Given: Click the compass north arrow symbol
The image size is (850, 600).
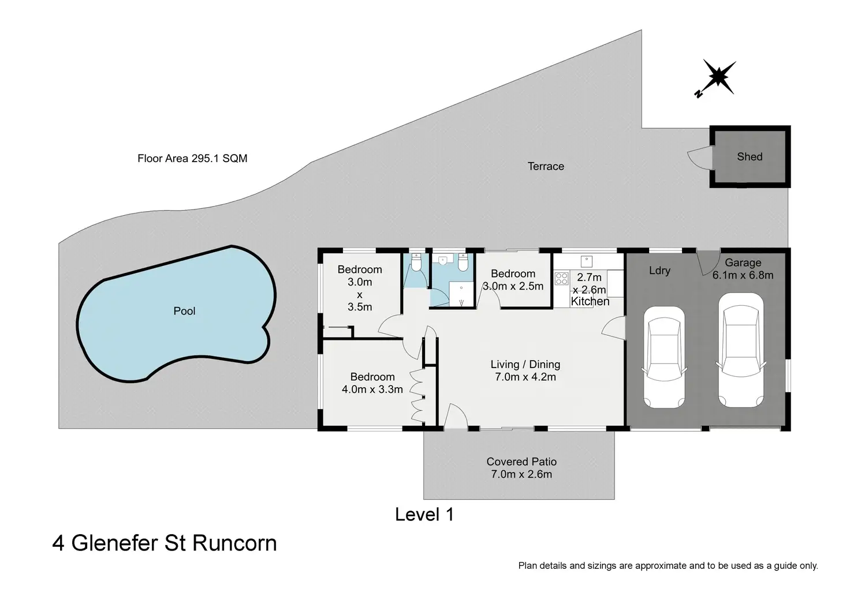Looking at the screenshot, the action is [x=717, y=77].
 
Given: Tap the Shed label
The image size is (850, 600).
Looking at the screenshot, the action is [x=750, y=156].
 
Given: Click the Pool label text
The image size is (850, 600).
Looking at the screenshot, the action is [x=184, y=311].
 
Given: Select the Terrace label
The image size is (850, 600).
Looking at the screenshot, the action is [x=546, y=166].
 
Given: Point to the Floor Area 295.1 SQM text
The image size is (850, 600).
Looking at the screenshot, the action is [x=192, y=158].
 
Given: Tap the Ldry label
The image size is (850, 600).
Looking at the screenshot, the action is [x=659, y=270].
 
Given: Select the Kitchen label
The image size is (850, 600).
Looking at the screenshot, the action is [x=590, y=301].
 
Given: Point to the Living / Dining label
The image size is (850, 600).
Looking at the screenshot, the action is [x=525, y=364].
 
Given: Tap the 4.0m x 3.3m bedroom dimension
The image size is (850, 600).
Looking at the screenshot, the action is [x=372, y=389].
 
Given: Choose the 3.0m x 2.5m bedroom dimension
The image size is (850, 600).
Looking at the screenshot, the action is [x=513, y=286].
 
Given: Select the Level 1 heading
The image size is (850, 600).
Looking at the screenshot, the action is [x=424, y=514].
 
